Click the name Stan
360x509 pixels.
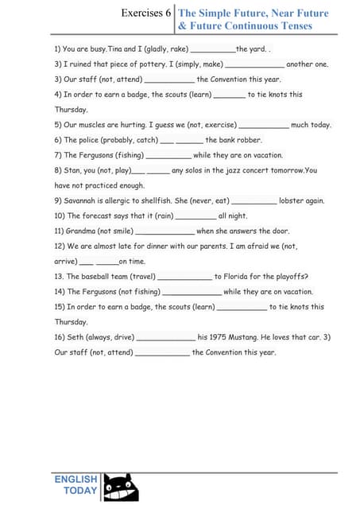(74, 170)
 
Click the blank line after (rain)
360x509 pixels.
(195, 217)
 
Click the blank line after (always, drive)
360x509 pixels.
(166, 339)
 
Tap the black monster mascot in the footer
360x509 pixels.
(121, 486)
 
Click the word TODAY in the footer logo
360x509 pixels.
(80, 491)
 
